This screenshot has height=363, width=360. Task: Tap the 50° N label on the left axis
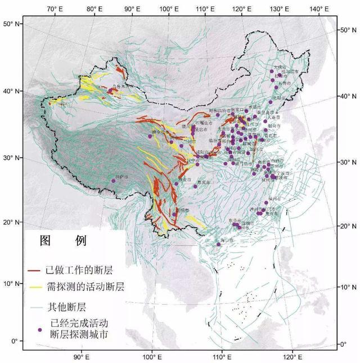[x=11, y=24]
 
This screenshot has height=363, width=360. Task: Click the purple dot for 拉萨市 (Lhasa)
[x=113, y=181]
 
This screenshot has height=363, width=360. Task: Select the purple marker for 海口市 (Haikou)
[x=219, y=244]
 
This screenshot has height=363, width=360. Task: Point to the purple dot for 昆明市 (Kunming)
[x=175, y=214]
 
